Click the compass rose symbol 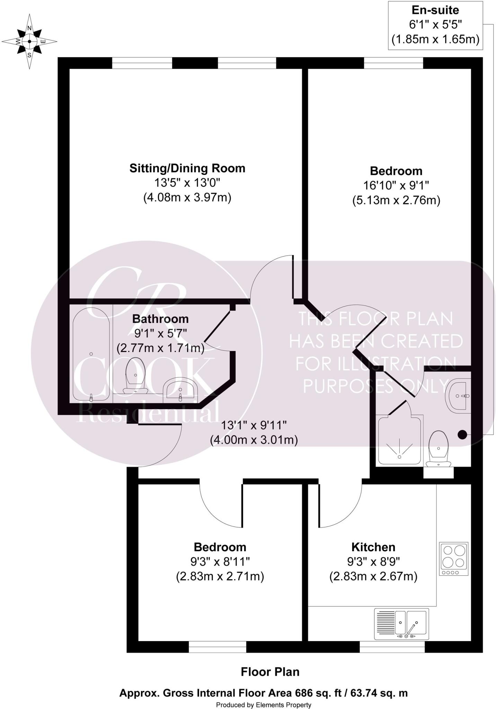tap(29, 42)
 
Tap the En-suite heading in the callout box tap(435, 10)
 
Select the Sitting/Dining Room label tap(187, 168)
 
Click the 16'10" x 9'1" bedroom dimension tap(396, 186)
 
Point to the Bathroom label tap(160, 319)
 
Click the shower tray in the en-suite tap(400, 440)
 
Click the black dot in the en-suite tap(462, 435)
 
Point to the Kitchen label tap(373, 547)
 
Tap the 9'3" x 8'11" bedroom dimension tap(220, 562)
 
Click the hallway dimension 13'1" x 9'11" tap(254, 425)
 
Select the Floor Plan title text tap(270, 672)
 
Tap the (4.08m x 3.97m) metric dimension tap(187, 198)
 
